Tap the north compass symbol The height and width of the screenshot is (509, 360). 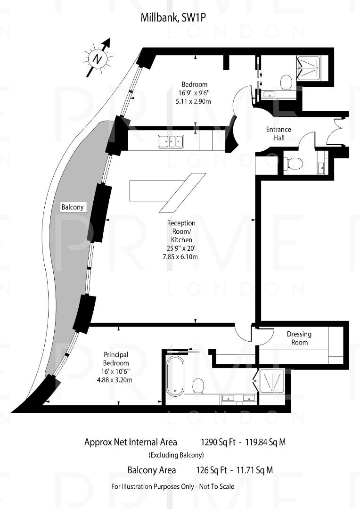[98, 59]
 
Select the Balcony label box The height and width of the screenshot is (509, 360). [73, 207]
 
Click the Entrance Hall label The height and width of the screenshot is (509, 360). [278, 133]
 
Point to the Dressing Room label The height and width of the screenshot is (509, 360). [299, 338]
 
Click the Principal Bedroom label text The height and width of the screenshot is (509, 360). [116, 359]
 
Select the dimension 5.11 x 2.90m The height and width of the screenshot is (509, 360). [195, 101]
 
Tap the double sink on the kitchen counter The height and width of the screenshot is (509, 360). [171, 140]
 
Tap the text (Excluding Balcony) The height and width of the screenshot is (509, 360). [176, 455]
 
